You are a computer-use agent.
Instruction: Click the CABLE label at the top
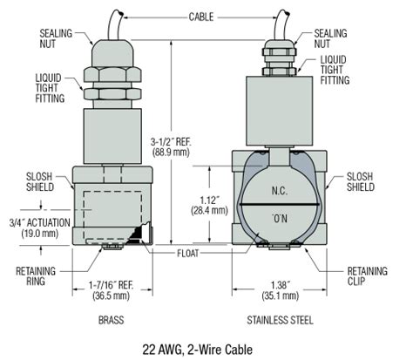[x=206, y=17]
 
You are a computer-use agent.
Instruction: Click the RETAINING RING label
[x=35, y=275]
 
